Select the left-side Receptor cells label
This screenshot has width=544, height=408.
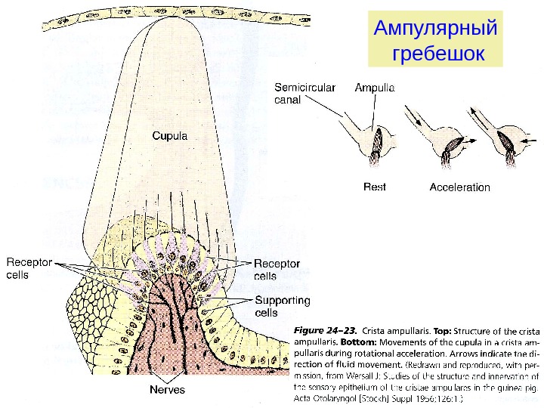pyautogui.click(x=29, y=269)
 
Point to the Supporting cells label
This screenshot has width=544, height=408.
pyautogui.click(x=282, y=306)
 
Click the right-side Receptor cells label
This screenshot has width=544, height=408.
pyautogui.click(x=276, y=270)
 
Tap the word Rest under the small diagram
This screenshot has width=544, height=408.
pyautogui.click(x=375, y=187)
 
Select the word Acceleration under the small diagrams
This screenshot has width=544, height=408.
pyautogui.click(x=459, y=187)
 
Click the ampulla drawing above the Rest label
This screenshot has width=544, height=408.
pyautogui.click(x=377, y=141)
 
